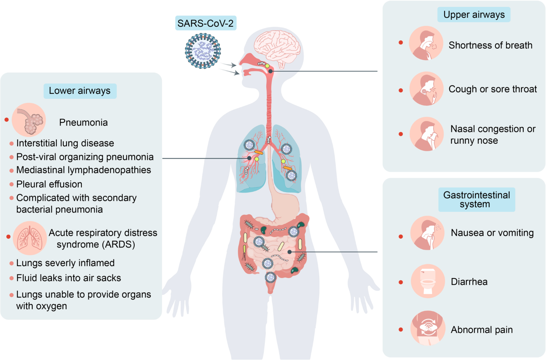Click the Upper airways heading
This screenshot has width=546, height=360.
pos(474,15)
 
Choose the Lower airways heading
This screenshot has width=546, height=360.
pos(80,91)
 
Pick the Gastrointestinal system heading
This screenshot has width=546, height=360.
pos(476,199)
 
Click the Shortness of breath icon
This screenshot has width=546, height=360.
pos(426,44)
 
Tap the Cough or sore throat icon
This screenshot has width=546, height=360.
pos(426,89)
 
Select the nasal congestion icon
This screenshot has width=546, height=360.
pos(426,134)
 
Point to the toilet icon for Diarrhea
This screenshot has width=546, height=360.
pos(427,281)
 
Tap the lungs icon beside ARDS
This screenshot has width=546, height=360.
pos(29,237)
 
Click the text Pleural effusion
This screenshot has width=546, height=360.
pos(49,184)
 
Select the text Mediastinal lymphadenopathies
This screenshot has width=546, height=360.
pos(84,170)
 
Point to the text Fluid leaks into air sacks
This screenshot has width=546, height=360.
pos(68,278)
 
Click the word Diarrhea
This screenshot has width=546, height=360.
pos(469,282)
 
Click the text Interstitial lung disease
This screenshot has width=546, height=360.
pos(65,143)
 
